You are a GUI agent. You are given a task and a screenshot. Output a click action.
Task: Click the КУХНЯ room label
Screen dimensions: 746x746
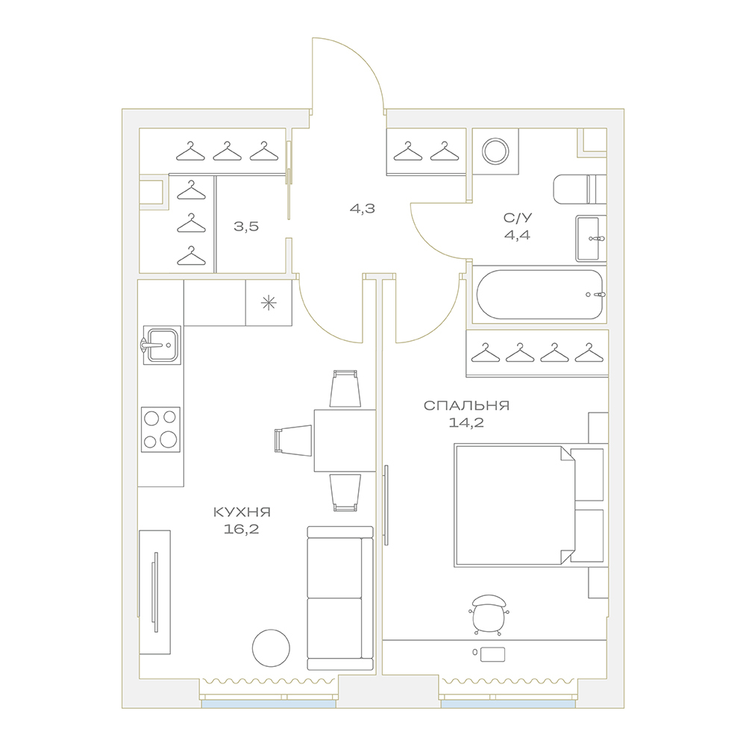[242, 513]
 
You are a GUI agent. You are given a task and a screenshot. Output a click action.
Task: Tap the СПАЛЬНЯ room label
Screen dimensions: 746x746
[466, 406]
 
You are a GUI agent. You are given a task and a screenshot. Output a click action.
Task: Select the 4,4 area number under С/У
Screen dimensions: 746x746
[517, 235]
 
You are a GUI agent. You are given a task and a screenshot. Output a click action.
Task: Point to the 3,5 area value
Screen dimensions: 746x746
[246, 227]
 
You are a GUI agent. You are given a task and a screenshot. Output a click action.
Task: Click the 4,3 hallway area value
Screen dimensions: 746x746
[363, 208]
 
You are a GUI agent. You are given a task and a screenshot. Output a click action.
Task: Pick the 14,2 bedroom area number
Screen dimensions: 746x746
[466, 422]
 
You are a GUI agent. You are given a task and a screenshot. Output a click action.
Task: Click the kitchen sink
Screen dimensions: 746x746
[161, 345]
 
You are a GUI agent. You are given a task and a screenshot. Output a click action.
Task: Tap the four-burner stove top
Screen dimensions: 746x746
[161, 430]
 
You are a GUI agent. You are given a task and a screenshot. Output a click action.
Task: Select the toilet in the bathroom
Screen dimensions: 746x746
[580, 189]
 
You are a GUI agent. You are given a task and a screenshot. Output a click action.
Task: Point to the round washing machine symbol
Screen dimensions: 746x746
[495, 151]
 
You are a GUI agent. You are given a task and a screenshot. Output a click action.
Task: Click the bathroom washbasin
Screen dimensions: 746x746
[591, 239]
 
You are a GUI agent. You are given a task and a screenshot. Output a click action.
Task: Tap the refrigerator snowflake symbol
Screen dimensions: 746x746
[269, 303]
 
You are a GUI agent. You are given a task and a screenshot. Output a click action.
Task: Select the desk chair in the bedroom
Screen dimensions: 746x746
[489, 614]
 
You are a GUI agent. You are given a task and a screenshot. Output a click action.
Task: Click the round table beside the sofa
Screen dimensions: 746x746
[271, 648]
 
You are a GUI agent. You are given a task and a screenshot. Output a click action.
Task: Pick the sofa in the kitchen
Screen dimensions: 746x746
[340, 598]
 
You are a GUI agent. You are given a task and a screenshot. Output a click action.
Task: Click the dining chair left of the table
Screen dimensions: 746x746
[293, 439]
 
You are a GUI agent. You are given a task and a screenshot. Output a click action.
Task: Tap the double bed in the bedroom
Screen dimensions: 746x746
[529, 505]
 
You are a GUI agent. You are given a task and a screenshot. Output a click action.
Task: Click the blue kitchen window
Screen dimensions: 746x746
[269, 703]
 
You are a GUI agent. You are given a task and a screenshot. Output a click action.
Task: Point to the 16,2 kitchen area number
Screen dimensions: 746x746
[241, 529]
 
